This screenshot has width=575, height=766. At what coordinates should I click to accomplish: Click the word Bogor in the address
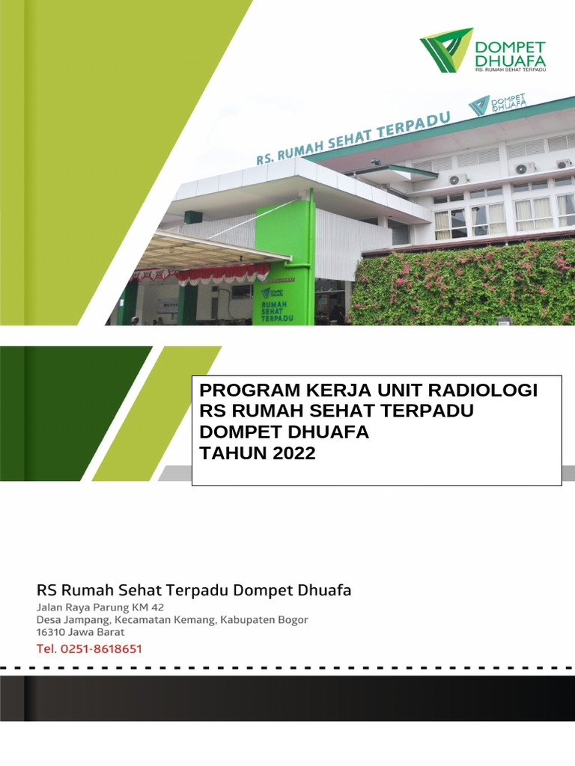click(288, 619)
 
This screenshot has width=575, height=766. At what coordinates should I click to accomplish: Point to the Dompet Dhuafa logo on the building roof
click(496, 105)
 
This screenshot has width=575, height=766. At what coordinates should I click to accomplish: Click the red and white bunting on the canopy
click(202, 273)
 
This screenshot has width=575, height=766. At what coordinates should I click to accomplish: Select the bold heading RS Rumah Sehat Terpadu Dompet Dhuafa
click(194, 589)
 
